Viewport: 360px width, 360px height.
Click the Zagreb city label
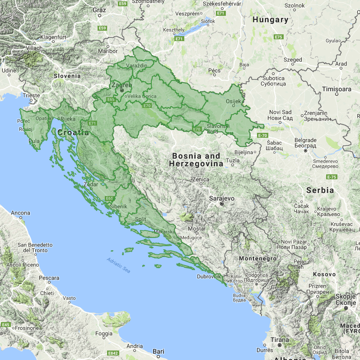122,85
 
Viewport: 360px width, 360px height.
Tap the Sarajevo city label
222,198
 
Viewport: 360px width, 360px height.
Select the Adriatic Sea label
118,265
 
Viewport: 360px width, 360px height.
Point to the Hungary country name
270,20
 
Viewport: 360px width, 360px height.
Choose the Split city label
141,220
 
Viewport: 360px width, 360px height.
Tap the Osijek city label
234,102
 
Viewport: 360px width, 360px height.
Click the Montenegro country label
257,258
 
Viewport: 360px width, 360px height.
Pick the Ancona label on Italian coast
20,213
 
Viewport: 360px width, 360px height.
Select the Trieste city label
32,95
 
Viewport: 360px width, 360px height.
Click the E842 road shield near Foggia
113,353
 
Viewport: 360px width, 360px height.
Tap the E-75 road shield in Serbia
332,177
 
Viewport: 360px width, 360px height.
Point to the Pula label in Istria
34,141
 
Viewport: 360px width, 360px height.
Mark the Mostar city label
196,229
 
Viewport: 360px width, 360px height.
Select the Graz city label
99,9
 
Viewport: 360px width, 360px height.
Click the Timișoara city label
337,89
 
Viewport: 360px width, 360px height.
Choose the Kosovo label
325,274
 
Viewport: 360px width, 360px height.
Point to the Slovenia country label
67,76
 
